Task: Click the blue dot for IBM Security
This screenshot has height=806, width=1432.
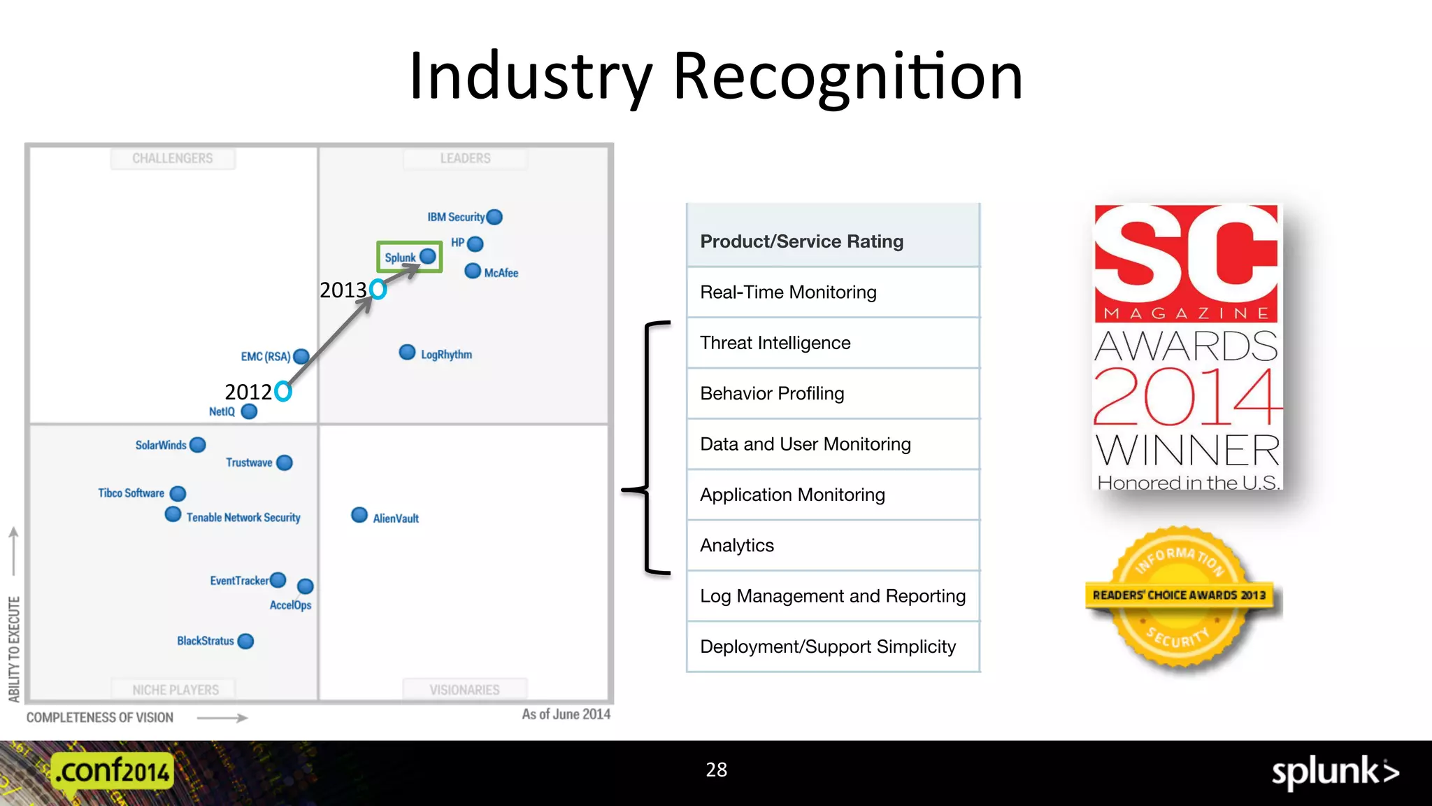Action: point(494,217)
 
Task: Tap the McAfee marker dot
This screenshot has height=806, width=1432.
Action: point(473,271)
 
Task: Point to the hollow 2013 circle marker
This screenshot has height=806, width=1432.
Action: point(378,289)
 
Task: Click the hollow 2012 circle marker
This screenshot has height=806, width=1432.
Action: point(283,391)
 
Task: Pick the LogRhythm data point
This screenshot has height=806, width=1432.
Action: point(407,352)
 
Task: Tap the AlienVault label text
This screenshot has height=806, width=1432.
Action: point(396,518)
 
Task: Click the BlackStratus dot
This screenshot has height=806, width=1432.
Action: point(245,641)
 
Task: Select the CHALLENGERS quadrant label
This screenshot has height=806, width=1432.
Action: point(173,159)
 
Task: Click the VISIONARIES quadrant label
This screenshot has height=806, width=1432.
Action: point(464,690)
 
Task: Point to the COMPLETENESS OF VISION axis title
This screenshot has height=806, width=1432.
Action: point(100,718)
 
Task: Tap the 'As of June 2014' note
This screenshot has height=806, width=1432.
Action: point(566,714)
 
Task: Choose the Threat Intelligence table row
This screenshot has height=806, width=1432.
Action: point(832,343)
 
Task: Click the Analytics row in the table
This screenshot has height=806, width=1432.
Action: point(832,546)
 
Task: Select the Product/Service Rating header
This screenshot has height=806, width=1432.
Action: point(832,241)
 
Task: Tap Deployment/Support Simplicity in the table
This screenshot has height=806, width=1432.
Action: point(832,647)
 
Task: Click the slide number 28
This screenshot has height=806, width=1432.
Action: point(716,770)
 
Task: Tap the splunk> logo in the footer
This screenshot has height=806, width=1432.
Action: point(1335,772)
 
